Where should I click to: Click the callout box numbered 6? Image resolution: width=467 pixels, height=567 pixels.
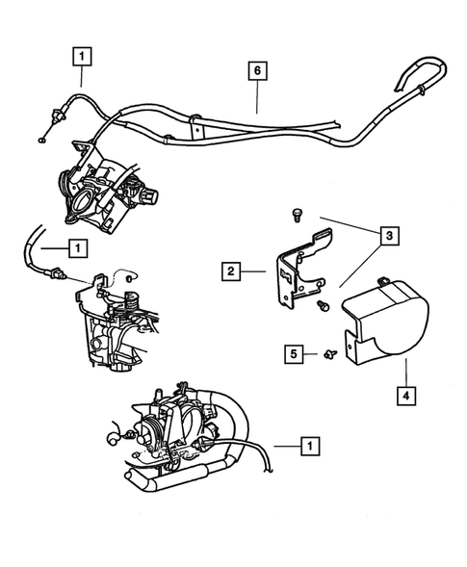click(256, 70)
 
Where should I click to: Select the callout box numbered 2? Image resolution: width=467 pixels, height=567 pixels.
click(231, 271)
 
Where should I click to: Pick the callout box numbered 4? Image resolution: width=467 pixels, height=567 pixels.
click(406, 393)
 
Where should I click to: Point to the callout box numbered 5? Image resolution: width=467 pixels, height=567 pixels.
click(294, 353)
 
